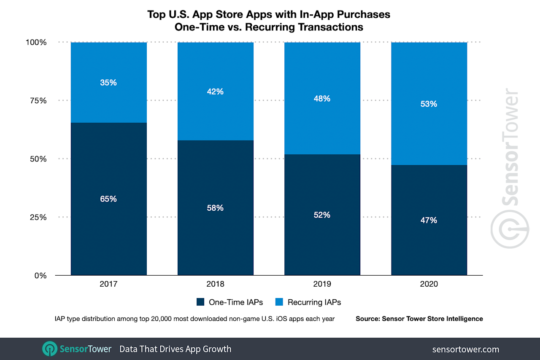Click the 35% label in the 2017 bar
[x=108, y=83]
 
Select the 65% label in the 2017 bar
[x=108, y=199]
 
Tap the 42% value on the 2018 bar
[x=215, y=91]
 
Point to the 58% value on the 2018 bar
[x=215, y=208]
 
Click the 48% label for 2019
[x=322, y=99]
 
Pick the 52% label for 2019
[x=322, y=215]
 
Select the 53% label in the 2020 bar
[x=429, y=104]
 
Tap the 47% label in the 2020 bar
[x=429, y=220]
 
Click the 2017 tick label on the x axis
[x=108, y=284]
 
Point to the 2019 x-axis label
[x=322, y=284]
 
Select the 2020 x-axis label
[x=429, y=284]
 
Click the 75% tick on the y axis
[x=38, y=100]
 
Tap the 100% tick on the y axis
[x=37, y=42]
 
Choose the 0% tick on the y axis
[x=40, y=275]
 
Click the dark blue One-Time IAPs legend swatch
[x=200, y=302]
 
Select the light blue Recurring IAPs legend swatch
[x=279, y=302]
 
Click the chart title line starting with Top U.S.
[x=269, y=14]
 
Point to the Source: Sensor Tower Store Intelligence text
[x=419, y=319]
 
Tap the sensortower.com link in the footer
[x=466, y=349]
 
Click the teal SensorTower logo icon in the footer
[x=49, y=349]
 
